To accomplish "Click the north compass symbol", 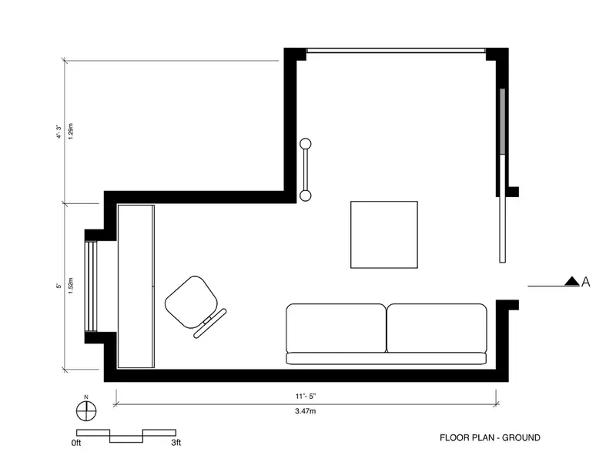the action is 86,411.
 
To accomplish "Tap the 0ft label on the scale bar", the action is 76,443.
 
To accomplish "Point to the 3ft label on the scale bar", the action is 176,443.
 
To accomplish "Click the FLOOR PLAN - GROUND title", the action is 490,437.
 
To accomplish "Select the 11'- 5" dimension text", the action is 306,397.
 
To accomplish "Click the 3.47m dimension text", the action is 306,411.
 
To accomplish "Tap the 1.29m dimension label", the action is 71,131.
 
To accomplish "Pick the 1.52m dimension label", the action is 71,286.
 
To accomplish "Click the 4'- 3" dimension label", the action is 59,132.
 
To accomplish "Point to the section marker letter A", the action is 585,282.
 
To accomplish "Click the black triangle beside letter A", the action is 572,281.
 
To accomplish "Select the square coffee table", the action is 384,235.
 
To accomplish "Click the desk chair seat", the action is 191,302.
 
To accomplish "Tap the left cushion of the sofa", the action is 336,328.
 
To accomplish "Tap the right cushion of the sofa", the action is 437,328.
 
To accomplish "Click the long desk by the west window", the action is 136,286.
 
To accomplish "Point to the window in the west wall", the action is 91,286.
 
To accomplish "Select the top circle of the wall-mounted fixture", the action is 305,144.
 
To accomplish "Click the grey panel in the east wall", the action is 502,122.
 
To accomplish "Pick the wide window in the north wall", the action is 396,50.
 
